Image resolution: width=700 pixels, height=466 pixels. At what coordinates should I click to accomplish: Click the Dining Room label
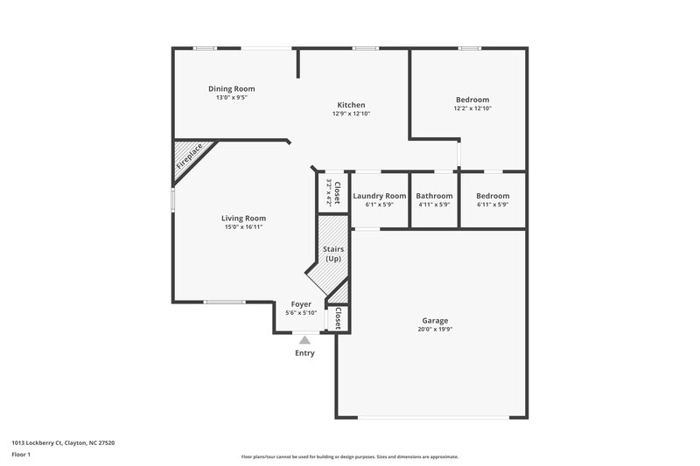click(x=231, y=88)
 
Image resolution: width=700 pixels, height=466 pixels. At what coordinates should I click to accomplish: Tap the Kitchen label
click(x=351, y=105)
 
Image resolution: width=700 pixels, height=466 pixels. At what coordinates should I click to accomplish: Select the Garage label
click(x=435, y=321)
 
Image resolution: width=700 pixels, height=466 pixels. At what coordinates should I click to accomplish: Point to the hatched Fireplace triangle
click(x=186, y=157)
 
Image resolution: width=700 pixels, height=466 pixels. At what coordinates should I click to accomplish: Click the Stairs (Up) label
click(x=333, y=254)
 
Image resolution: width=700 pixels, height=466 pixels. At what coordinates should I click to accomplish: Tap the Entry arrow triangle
click(x=304, y=340)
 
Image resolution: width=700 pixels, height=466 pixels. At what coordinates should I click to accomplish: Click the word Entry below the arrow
click(x=304, y=353)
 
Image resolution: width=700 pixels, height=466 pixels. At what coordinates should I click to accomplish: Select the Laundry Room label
click(x=380, y=196)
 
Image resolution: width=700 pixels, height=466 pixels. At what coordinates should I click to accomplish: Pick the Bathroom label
click(x=434, y=196)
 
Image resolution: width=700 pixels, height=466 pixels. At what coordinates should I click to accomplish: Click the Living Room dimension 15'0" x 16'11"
click(x=243, y=226)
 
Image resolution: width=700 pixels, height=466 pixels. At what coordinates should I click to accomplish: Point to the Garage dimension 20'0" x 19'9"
click(x=435, y=330)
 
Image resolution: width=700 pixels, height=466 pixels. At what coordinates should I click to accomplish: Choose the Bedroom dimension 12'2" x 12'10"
click(x=472, y=108)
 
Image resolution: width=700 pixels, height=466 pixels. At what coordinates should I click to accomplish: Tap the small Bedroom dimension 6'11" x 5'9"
click(x=493, y=205)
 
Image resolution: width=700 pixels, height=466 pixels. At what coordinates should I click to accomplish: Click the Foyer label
click(x=301, y=304)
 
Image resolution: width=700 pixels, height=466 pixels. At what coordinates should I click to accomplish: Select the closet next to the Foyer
click(x=338, y=318)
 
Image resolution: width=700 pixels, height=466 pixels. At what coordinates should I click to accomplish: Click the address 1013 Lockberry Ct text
click(x=64, y=442)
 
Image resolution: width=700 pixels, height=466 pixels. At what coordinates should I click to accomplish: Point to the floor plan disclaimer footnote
click(x=349, y=456)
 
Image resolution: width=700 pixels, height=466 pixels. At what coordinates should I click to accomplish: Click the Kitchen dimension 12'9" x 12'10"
click(x=351, y=114)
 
